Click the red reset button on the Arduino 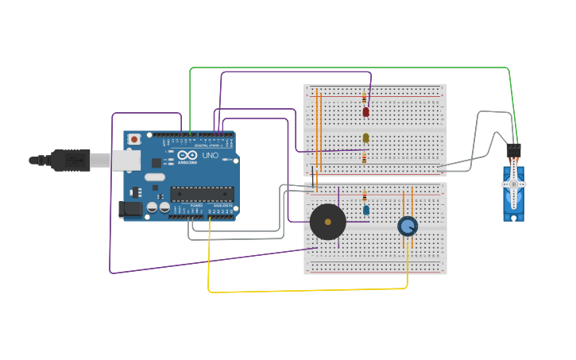click(x=133, y=139)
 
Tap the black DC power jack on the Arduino click(x=130, y=209)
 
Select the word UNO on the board click(x=211, y=156)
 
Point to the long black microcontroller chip click(x=202, y=194)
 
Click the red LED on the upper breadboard click(x=365, y=112)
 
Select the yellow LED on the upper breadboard click(x=365, y=138)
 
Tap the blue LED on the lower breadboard click(x=365, y=211)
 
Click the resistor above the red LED click(x=365, y=99)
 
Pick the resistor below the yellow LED click(x=365, y=158)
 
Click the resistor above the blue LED click(x=365, y=196)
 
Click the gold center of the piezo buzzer click(x=327, y=222)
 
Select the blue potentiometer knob click(x=408, y=226)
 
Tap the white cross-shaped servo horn click(x=514, y=184)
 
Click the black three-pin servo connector click(x=513, y=149)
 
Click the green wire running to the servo click(x=350, y=68)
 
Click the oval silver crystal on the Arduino click(x=154, y=176)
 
